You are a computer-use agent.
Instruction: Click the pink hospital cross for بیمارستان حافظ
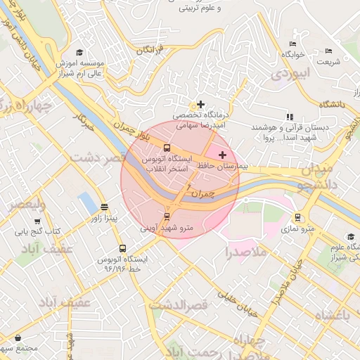pos(223,155)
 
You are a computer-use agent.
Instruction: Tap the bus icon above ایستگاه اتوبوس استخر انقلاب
pos(167,148)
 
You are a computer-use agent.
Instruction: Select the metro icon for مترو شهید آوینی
pos(167,216)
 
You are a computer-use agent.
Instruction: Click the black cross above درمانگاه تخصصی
pos(202,104)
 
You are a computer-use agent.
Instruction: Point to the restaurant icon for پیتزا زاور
pos(105,207)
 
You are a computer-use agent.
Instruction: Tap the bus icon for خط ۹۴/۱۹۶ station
pos(123,248)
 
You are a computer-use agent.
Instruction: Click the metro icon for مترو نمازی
pos(298,217)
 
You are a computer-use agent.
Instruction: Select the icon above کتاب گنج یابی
pos(37,220)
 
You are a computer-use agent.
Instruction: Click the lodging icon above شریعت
pos(328,51)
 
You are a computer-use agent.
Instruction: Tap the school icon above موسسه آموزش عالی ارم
pos(79,53)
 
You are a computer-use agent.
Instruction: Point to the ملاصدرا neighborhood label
pos(246,251)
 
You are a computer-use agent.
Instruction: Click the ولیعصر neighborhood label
pos(27,205)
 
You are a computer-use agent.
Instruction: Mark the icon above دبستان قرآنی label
pos(289,117)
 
